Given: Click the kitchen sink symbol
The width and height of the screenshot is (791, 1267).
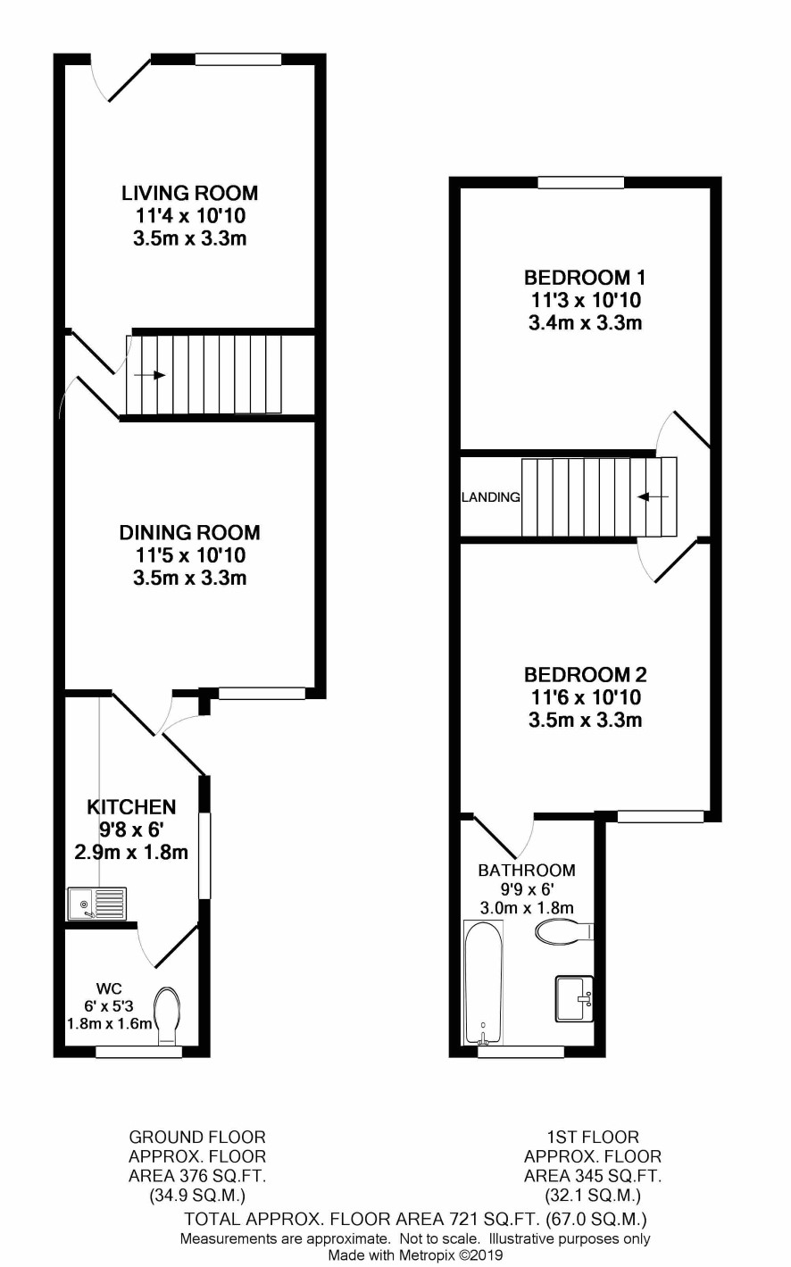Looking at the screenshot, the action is [96, 904].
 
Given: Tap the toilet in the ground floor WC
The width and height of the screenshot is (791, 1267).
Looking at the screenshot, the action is [167, 1015].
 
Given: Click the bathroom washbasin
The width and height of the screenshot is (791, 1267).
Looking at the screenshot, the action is [574, 999].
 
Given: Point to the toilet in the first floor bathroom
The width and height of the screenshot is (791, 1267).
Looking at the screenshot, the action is [563, 931].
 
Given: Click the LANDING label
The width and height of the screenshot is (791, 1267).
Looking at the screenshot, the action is [491, 497].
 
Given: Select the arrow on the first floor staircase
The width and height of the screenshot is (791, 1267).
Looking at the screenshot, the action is [653, 497].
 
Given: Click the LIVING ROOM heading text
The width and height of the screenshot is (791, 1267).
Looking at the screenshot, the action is [190, 193].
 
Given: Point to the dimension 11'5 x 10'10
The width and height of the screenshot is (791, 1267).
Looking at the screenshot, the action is [190, 554].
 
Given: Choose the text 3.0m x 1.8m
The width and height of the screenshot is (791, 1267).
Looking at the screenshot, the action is [527, 908].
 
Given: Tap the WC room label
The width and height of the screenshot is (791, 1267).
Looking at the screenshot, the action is [110, 988].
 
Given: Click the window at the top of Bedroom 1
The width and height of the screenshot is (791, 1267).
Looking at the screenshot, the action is [581, 183].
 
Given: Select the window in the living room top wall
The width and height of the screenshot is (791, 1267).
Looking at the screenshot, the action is [238, 60].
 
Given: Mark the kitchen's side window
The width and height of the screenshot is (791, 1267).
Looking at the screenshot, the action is [204, 855].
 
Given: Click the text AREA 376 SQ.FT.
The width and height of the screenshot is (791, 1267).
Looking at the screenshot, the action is [197, 1176].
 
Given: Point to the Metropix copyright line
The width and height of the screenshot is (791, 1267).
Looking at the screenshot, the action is [415, 1255].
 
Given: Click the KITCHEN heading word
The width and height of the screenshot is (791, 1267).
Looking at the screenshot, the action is [132, 806].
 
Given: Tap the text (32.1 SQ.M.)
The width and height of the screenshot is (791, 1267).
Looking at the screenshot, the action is [593, 1196].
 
